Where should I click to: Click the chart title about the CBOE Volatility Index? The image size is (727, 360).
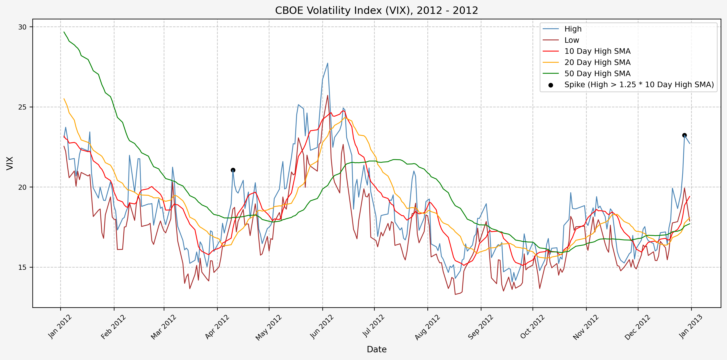tap(377, 10)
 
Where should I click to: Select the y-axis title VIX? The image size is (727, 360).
tap(10, 163)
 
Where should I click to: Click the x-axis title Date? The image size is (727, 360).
tap(377, 349)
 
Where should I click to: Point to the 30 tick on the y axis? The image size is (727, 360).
tap(22, 27)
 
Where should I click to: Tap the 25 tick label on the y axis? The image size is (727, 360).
tap(22, 107)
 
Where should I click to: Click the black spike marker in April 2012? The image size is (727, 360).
tap(233, 170)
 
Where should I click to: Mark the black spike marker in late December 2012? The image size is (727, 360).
tap(684, 135)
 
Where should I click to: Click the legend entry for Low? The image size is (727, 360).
tap(571, 40)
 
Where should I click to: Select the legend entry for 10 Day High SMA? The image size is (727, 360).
tap(597, 51)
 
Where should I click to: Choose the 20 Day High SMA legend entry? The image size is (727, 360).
tap(597, 62)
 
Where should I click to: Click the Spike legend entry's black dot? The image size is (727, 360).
tap(551, 85)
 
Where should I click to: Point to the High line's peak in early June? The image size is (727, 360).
tap(327, 63)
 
